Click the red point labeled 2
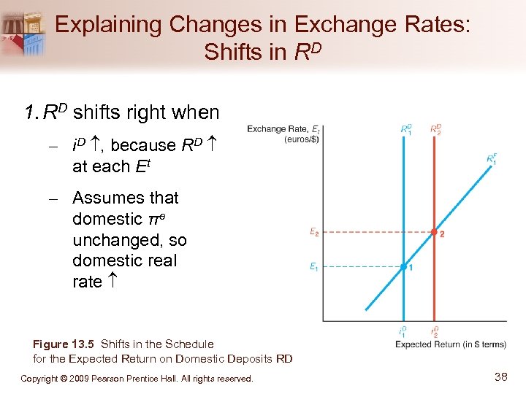[434, 233]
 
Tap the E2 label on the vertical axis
[313, 233]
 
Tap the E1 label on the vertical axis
[313, 267]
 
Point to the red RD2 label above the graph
[436, 128]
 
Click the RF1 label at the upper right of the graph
[492, 158]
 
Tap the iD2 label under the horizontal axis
[435, 331]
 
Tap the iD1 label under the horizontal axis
[403, 331]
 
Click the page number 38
[501, 377]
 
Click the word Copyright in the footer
[41, 379]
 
